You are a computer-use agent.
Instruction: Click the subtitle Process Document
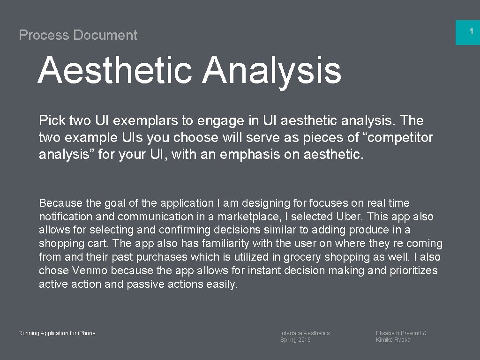(78, 35)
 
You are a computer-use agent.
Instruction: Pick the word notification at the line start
(66, 217)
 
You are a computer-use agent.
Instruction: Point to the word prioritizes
(413, 270)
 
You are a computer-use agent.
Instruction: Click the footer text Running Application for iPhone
(57, 333)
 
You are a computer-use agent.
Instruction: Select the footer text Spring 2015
(295, 340)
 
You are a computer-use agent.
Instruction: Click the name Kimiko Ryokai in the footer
(394, 340)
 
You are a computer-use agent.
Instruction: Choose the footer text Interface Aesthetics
(305, 333)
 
